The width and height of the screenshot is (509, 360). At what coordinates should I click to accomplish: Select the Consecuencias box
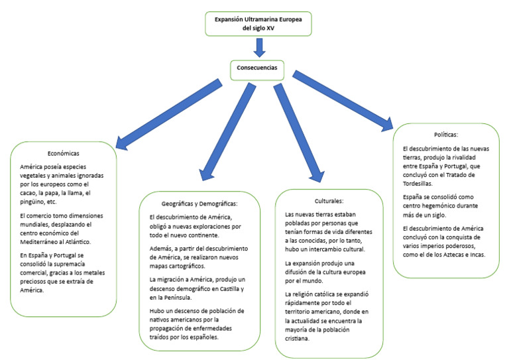259,67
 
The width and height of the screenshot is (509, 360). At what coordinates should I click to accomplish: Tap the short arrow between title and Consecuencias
259,47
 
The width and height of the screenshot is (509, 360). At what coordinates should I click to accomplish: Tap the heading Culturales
328,200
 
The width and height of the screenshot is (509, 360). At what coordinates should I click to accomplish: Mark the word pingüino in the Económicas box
35,202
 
